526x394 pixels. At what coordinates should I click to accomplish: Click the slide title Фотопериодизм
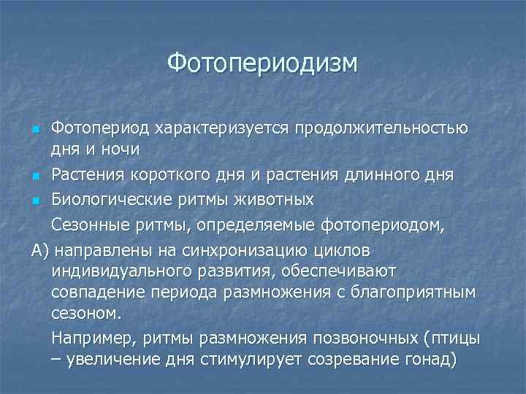[263, 63]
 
